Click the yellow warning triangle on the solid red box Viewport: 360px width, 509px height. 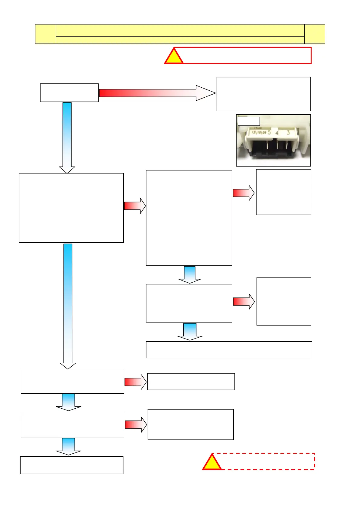click(174, 57)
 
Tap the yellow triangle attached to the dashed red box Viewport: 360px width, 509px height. click(212, 463)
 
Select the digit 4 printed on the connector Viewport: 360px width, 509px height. click(277, 133)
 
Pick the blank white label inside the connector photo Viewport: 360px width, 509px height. click(249, 121)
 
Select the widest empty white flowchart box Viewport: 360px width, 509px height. click(229, 350)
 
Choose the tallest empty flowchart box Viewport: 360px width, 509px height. click(189, 218)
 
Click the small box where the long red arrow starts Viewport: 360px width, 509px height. click(69, 92)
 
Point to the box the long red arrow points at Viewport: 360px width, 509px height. click(263, 94)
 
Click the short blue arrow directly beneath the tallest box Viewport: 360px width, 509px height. click(190, 274)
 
